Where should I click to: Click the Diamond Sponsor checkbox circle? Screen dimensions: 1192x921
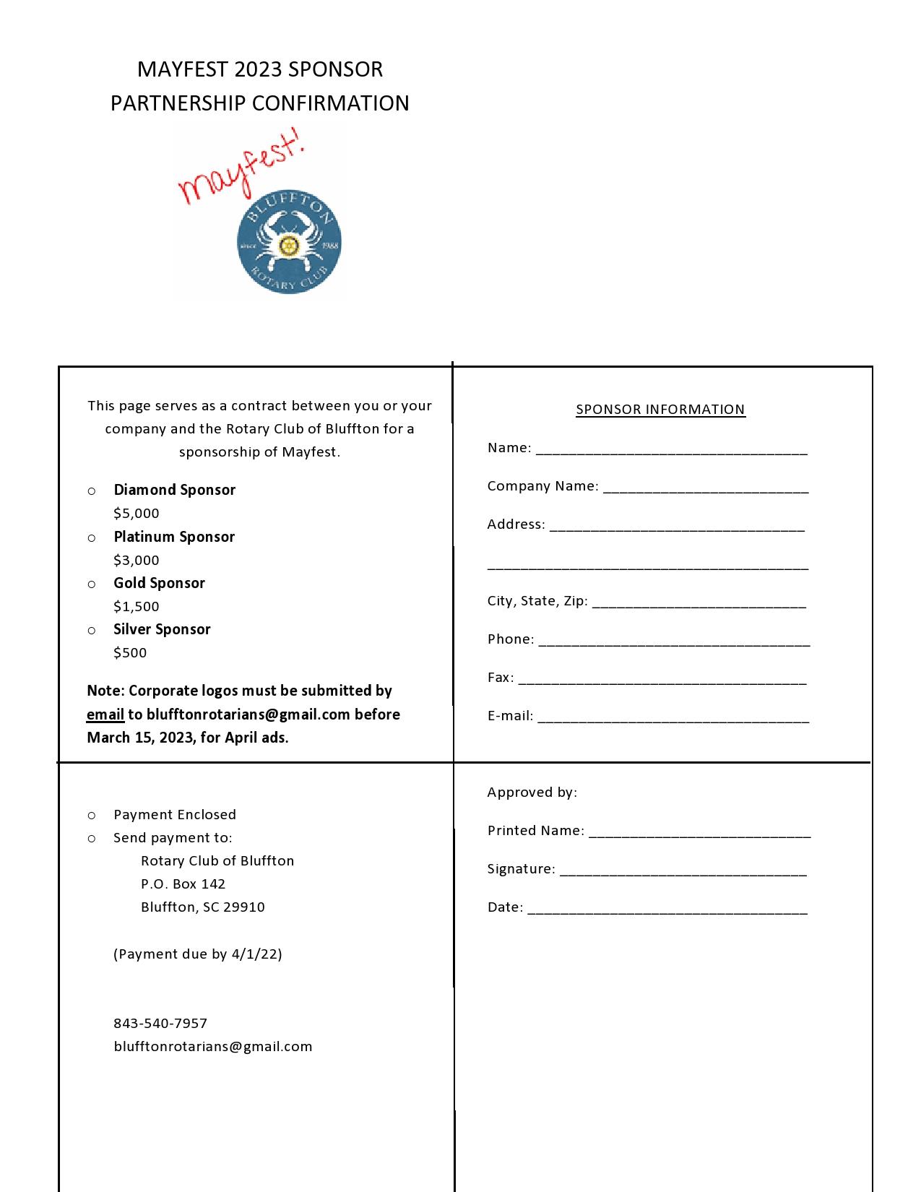point(92,491)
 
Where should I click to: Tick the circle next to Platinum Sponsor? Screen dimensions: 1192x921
point(92,537)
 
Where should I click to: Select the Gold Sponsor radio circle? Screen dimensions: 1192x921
point(92,584)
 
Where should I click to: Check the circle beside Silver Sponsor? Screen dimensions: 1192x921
point(92,630)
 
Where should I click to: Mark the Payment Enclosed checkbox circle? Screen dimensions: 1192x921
point(92,816)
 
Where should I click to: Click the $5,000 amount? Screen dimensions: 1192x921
point(136,514)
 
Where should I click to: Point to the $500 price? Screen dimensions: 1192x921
point(130,653)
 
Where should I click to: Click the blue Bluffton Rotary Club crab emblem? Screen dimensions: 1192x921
point(289,243)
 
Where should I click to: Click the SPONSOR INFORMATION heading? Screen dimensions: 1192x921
point(660,410)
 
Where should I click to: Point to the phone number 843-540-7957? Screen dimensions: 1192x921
point(160,1024)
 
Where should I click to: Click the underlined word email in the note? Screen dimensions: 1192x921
point(105,714)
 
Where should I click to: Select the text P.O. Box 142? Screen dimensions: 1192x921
point(183,884)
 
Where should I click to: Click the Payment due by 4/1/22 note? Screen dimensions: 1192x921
point(197,954)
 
